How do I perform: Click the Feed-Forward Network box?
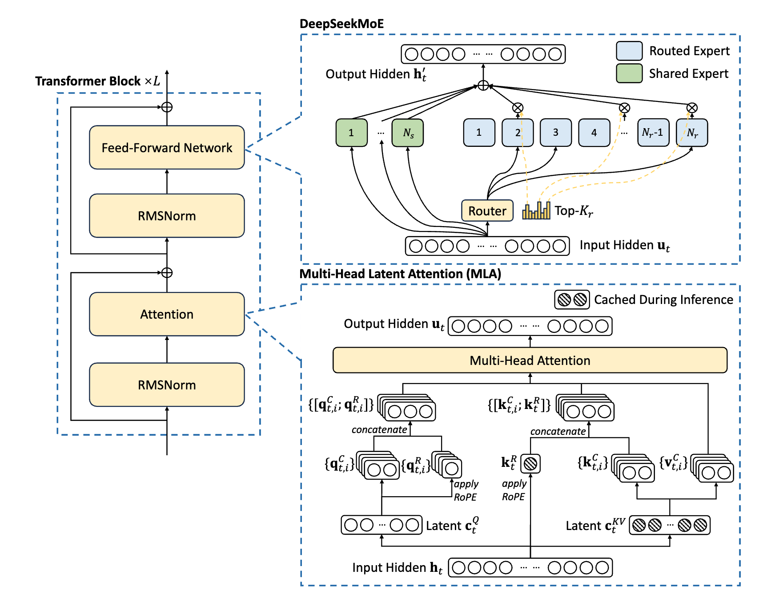click(x=167, y=147)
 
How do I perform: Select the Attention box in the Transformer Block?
click(x=167, y=314)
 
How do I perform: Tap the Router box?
click(x=487, y=210)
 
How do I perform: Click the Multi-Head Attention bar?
click(x=530, y=360)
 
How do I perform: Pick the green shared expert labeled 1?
click(x=351, y=133)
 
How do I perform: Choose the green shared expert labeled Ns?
click(x=408, y=133)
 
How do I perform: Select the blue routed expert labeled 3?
click(x=555, y=133)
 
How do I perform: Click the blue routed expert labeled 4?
click(x=594, y=133)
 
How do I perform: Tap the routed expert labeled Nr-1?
click(x=653, y=133)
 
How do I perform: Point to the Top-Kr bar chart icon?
click(x=536, y=210)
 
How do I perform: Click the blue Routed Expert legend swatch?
click(x=629, y=51)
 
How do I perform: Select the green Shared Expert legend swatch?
click(x=629, y=73)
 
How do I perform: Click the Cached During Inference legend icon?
click(x=572, y=299)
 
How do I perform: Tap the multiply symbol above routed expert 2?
click(x=518, y=108)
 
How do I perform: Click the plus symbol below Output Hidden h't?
click(x=483, y=85)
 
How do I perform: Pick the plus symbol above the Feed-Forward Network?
click(x=167, y=107)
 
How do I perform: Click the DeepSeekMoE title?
click(x=341, y=24)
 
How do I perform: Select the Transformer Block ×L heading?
click(x=97, y=81)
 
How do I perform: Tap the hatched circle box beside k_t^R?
click(x=530, y=464)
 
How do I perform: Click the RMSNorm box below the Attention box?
click(x=167, y=384)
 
